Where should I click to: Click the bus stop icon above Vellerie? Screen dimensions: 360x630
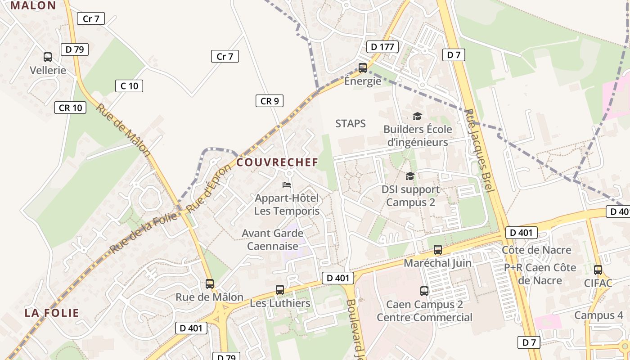click(47, 57)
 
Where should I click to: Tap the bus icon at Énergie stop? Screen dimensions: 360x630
click(363, 68)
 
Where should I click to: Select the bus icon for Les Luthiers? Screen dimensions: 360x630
click(280, 290)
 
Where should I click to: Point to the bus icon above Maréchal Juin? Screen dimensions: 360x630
click(437, 250)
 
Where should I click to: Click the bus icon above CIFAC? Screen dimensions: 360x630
click(598, 270)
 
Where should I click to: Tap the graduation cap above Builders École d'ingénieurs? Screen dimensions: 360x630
click(417, 117)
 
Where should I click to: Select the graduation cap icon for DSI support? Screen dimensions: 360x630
click(410, 176)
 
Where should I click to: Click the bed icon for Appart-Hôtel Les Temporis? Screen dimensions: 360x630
click(287, 185)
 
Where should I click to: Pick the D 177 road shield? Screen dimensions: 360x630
click(382, 47)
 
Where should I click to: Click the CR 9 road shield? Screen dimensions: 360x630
click(269, 101)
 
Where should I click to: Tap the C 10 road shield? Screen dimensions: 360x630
click(130, 86)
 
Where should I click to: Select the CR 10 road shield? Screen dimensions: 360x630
click(71, 108)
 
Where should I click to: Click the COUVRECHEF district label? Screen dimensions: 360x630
click(277, 162)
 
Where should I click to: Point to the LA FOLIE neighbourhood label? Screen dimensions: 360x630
click(52, 313)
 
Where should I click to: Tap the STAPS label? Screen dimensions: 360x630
click(351, 123)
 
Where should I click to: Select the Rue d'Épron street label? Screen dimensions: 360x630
click(209, 188)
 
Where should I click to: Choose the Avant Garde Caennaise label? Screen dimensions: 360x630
click(273, 240)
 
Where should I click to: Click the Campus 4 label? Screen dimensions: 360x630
click(598, 315)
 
